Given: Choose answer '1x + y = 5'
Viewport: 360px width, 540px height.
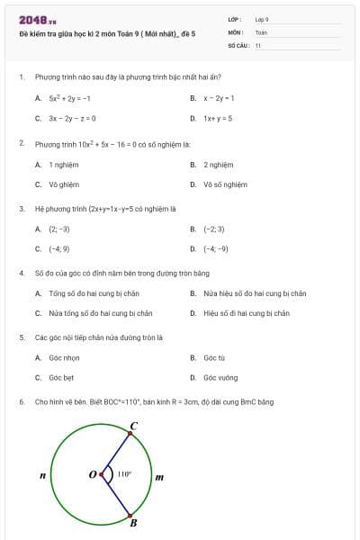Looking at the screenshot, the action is tap(218, 118).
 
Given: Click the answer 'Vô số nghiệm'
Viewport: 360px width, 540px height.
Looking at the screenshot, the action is tap(225, 184).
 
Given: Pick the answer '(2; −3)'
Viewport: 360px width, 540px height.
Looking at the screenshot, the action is tap(59, 229).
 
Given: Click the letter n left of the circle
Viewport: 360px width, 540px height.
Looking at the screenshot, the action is tap(42, 474).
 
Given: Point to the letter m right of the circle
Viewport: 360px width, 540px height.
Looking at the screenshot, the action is tap(159, 476).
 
